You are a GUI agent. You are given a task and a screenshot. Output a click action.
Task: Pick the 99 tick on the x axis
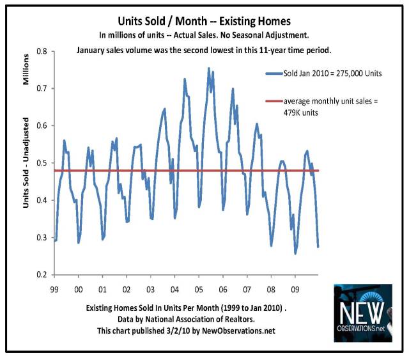(56, 288)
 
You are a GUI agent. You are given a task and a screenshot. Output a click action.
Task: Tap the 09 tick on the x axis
(295, 288)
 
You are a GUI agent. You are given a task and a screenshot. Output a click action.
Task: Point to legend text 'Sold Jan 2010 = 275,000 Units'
(333, 74)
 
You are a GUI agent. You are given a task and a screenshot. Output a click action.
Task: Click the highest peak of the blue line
(208, 68)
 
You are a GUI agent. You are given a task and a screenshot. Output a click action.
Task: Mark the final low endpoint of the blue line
(318, 246)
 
